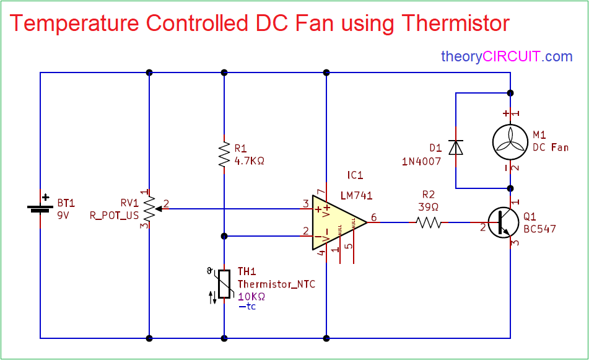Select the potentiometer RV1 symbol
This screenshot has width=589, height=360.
149,209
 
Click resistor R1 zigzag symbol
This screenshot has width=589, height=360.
224,155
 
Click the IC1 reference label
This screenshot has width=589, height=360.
356,175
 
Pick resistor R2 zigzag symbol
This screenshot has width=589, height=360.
429,222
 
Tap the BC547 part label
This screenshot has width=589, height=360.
539,229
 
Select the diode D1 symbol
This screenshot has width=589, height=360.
456,148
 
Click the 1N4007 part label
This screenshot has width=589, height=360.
421,161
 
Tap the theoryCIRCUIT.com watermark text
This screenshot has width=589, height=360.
507,56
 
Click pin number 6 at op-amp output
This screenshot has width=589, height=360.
373,217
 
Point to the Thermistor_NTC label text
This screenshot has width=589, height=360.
276,284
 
